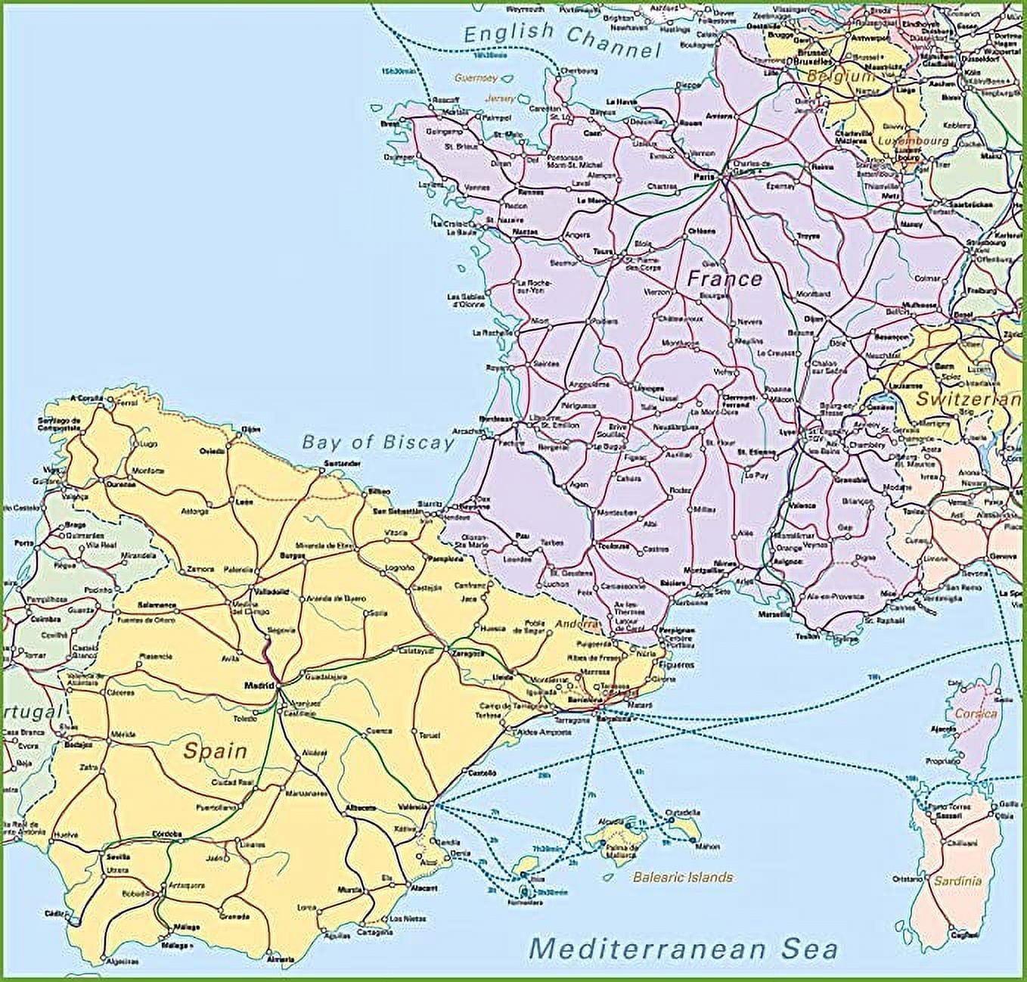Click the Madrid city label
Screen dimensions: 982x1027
click(257, 686)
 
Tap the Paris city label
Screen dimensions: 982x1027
click(704, 176)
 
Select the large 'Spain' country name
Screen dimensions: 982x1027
click(216, 751)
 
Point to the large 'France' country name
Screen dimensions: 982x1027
click(724, 279)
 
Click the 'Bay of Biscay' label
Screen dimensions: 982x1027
click(378, 443)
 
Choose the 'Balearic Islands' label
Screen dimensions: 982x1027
click(683, 878)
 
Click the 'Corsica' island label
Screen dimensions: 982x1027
click(976, 713)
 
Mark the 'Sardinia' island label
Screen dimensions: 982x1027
click(957, 881)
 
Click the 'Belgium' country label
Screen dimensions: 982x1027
click(840, 76)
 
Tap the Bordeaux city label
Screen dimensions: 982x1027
click(496, 418)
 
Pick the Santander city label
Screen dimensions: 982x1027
click(321, 463)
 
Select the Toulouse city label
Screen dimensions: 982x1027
click(613, 545)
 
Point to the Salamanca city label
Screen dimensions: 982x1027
click(157, 605)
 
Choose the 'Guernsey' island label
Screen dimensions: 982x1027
click(476, 77)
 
